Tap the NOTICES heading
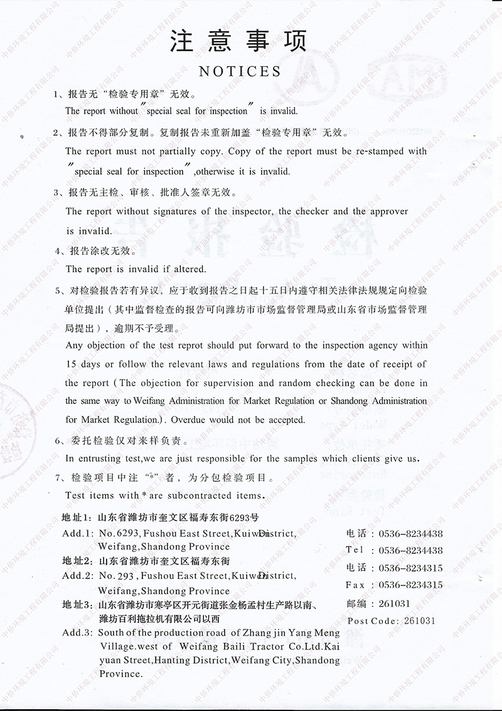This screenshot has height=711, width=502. pyautogui.click(x=240, y=71)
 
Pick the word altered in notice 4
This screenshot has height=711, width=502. pyautogui.click(x=188, y=269)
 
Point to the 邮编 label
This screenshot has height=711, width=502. pyautogui.click(x=355, y=604)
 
